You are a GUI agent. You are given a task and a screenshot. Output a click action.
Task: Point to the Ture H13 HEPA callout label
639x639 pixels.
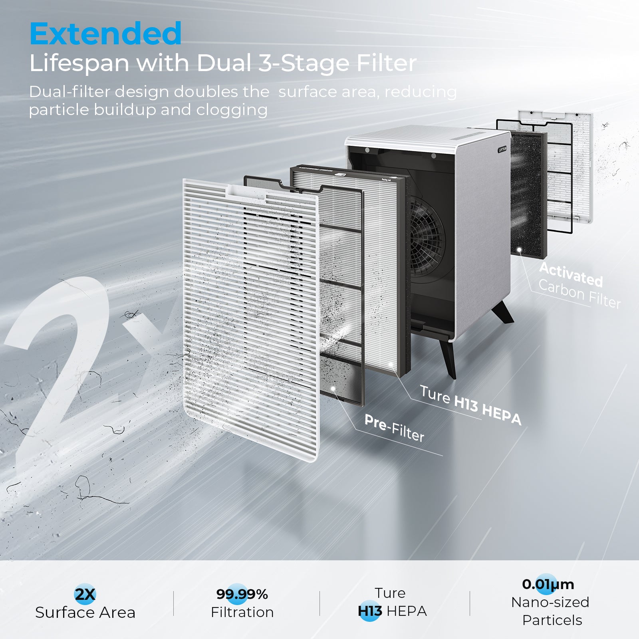(470, 405)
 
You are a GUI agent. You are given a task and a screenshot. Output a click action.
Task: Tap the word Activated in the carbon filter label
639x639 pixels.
(571, 274)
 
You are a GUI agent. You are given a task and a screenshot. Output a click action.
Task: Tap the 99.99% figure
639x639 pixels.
(242, 594)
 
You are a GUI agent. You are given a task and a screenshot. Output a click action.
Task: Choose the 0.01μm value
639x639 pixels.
(548, 584)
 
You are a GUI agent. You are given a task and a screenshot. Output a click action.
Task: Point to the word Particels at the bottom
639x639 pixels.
(552, 620)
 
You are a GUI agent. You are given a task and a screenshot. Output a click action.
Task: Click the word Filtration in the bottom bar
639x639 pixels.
(242, 612)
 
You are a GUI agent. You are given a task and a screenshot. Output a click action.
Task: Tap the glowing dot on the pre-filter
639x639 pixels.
(333, 388)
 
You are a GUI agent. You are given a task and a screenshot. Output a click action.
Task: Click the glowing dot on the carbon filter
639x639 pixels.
(519, 250)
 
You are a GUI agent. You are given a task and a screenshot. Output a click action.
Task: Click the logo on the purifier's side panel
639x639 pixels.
(502, 149)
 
